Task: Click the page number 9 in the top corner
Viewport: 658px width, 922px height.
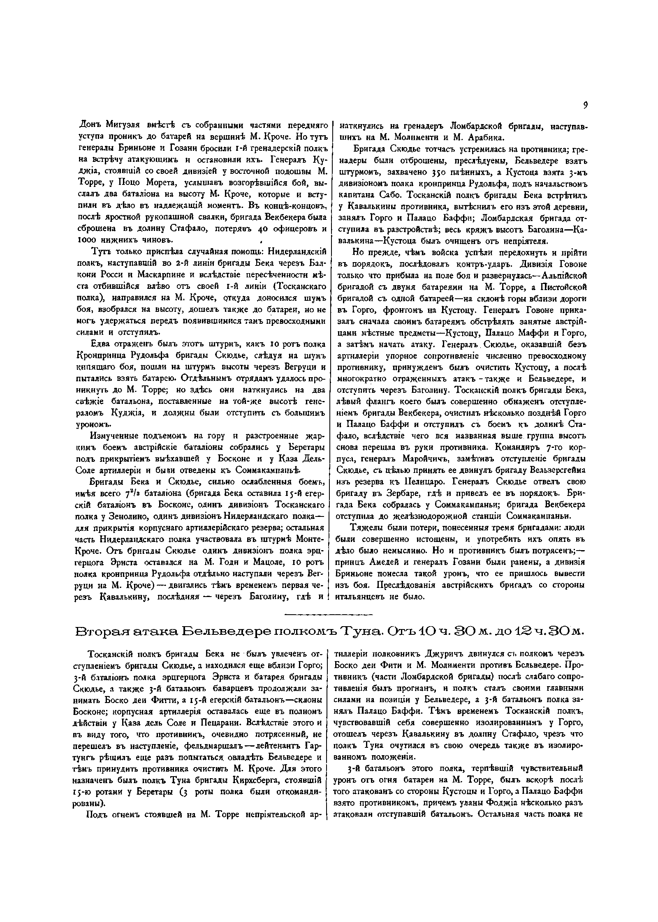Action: point(585,106)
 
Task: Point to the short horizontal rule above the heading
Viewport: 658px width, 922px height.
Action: point(328,615)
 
